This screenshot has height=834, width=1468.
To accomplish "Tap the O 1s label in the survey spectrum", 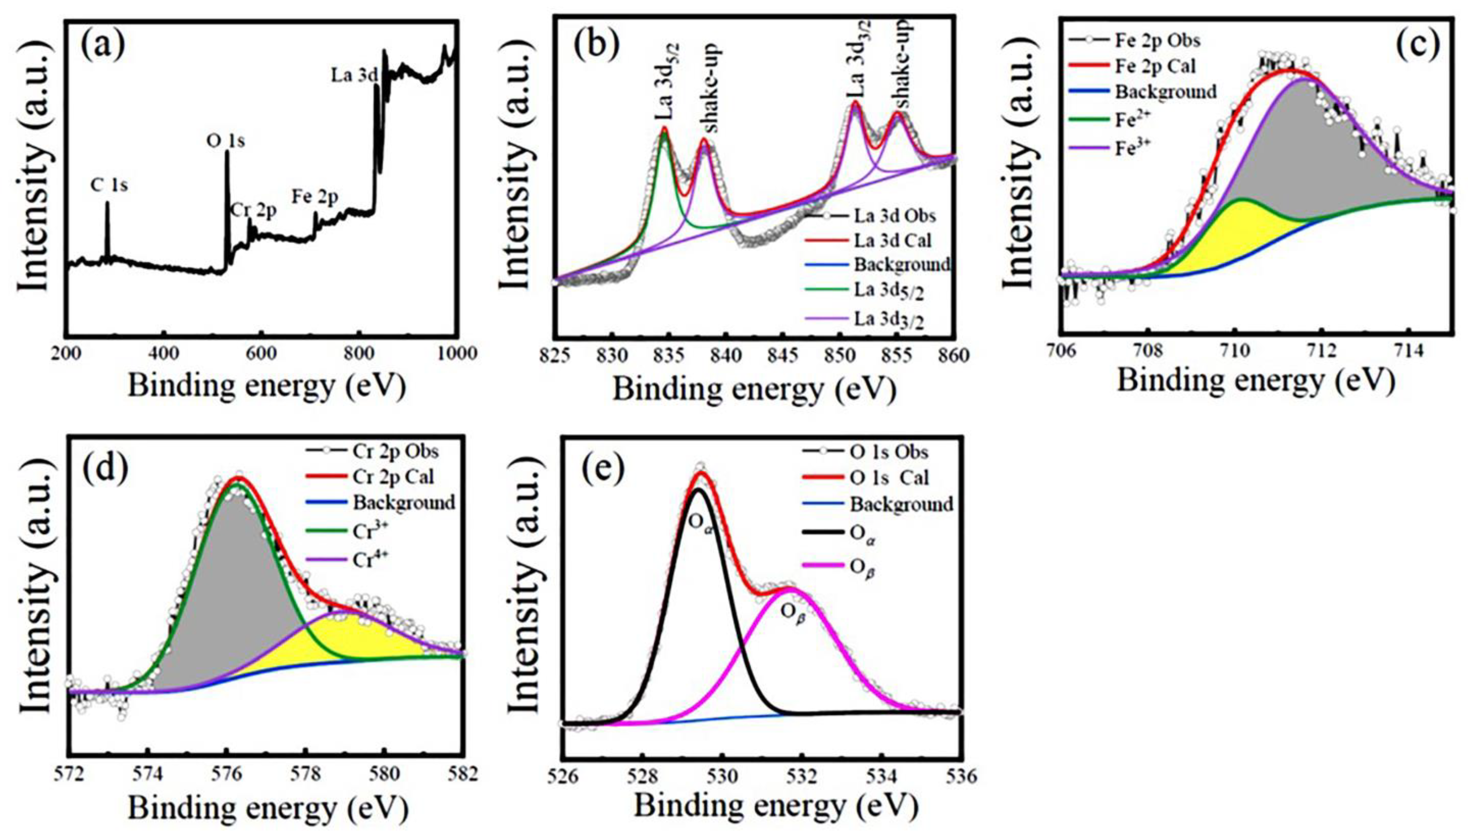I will [225, 140].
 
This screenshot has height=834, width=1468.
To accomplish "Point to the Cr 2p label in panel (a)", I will [254, 210].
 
